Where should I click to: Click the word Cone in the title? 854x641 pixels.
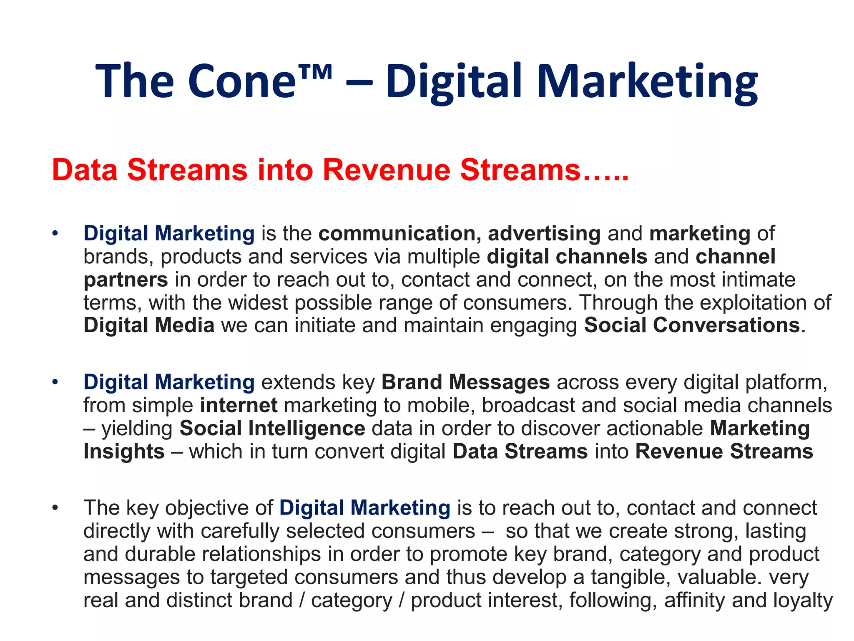242,81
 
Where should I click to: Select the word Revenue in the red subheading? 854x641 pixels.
386,170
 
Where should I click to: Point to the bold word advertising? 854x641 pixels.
544,233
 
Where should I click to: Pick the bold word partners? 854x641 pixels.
126,280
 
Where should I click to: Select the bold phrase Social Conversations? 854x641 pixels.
692,325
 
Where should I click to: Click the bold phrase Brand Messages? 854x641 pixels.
465,382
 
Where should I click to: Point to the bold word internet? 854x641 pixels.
239,405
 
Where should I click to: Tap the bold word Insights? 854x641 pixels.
124,452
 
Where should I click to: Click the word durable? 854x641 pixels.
160,554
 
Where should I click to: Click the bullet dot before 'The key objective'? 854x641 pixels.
55,508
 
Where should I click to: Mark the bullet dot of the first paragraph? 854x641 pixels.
55,233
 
